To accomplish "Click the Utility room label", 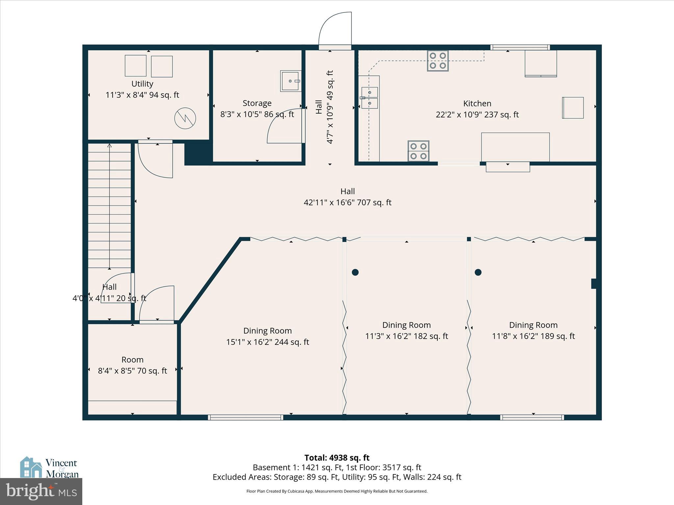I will point(142,84).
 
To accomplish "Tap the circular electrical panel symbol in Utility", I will point(185,118).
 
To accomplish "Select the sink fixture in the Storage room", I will point(291,81).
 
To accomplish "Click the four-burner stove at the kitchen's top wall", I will point(438,61).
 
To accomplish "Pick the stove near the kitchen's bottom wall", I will point(418,151).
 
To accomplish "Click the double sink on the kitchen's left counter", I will point(370,98).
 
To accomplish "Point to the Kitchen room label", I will point(477,104).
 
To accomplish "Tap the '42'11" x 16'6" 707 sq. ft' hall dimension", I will point(347,203).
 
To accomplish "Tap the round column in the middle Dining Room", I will point(355,272).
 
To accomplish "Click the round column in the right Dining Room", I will point(478,272).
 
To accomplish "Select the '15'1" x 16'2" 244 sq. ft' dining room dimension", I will point(267,342).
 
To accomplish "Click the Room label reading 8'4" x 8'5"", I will point(132,360).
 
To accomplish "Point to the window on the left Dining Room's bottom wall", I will point(246,417).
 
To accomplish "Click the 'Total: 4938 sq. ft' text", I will point(337,458).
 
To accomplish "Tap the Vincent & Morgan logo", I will point(49,468).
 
